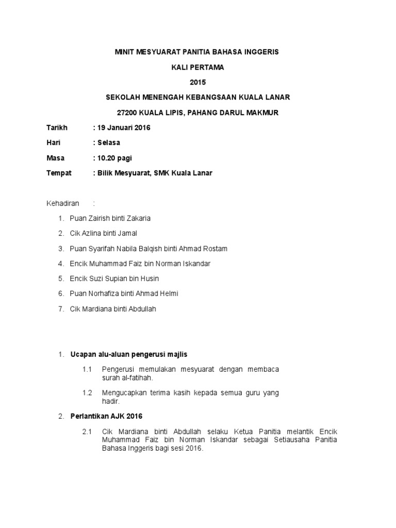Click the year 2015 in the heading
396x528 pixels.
(x=197, y=82)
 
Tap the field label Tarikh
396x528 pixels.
(x=57, y=128)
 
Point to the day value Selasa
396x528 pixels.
(x=109, y=143)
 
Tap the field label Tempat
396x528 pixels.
(x=59, y=173)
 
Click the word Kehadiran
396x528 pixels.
(x=63, y=204)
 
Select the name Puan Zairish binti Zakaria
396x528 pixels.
(x=110, y=219)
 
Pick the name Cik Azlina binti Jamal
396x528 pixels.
(x=103, y=234)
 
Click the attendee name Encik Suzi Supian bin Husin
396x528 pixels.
(x=114, y=278)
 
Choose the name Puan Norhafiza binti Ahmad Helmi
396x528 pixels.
(x=124, y=293)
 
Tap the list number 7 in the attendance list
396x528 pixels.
(x=61, y=309)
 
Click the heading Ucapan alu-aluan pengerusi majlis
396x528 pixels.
(x=129, y=354)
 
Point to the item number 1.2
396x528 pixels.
(x=87, y=393)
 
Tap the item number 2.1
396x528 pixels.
(x=87, y=432)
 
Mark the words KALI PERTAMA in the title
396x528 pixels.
(x=197, y=67)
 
